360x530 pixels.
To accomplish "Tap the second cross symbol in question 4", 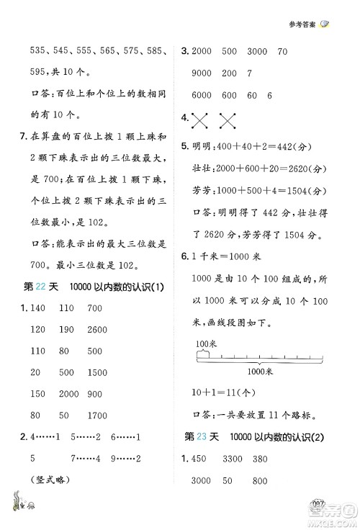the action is [x=230, y=118].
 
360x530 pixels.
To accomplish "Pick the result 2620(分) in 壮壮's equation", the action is [x=307, y=167].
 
